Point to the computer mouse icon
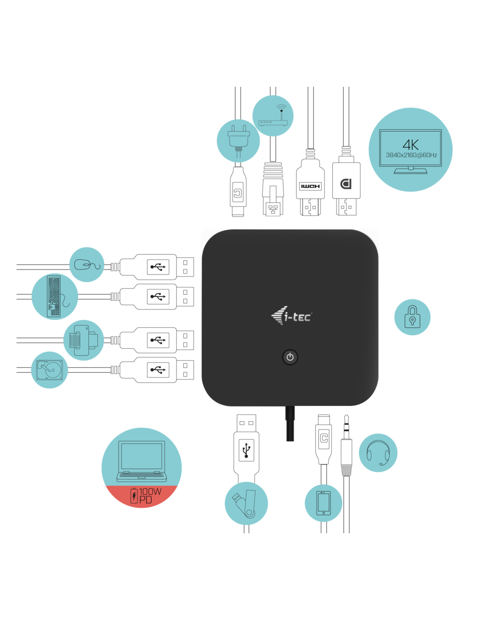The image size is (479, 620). coord(87,264)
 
